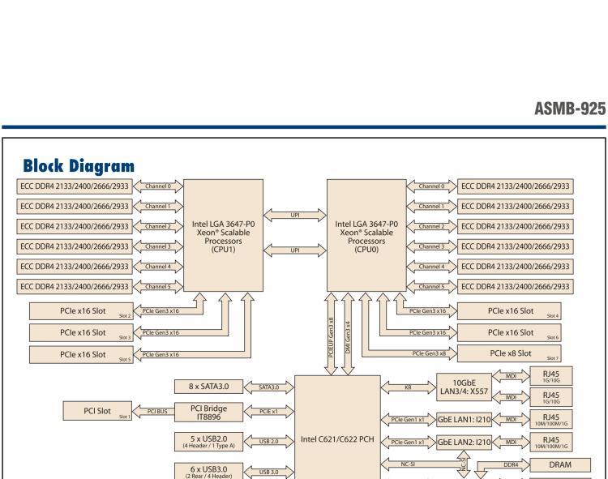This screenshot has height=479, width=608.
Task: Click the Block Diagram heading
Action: click(78, 166)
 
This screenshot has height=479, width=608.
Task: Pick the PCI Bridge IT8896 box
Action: click(208, 412)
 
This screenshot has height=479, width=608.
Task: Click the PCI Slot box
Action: click(98, 411)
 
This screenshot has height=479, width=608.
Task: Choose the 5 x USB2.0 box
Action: click(208, 440)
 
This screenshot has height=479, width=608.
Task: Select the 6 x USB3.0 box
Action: click(208, 469)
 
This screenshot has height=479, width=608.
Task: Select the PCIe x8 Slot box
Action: click(516, 353)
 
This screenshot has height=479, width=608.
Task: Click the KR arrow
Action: click(409, 387)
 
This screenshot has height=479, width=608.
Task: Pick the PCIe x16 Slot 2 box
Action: click(81, 311)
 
